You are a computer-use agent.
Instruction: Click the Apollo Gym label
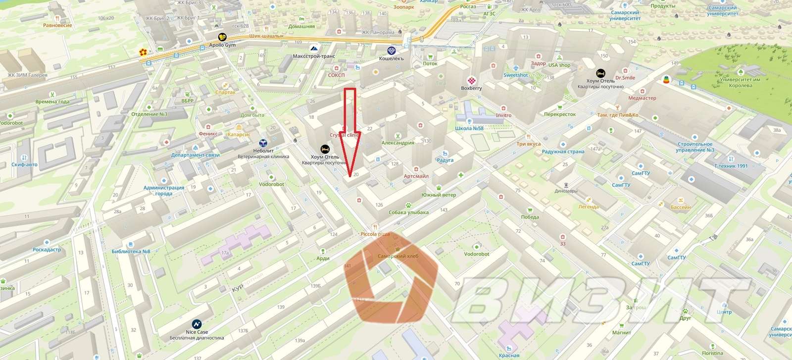[x=222, y=45]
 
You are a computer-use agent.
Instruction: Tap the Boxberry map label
[x=471, y=88]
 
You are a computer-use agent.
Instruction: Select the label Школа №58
[x=469, y=128]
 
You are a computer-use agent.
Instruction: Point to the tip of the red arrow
[x=350, y=176]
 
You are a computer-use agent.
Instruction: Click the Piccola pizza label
[x=375, y=234]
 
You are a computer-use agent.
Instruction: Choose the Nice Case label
[x=197, y=332]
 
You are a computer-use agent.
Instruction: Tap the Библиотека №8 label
[x=131, y=252]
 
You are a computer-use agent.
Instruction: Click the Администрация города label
[x=164, y=191]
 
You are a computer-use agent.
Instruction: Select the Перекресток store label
[x=560, y=114]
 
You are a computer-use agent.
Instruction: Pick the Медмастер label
[x=642, y=98]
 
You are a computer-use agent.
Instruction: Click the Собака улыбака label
[x=408, y=212]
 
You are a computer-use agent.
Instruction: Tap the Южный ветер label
[x=439, y=195]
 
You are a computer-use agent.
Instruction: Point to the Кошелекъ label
[x=391, y=58]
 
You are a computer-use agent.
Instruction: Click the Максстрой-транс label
[x=314, y=56]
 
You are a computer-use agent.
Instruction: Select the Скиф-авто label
[x=25, y=164]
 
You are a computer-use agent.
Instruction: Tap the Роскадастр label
[x=47, y=250]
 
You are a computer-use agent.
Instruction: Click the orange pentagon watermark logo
[x=391, y=280]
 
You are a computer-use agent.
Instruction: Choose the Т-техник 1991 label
[x=731, y=166]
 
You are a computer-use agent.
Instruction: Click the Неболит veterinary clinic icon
[x=263, y=143]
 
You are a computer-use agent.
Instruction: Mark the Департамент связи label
[x=195, y=155]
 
